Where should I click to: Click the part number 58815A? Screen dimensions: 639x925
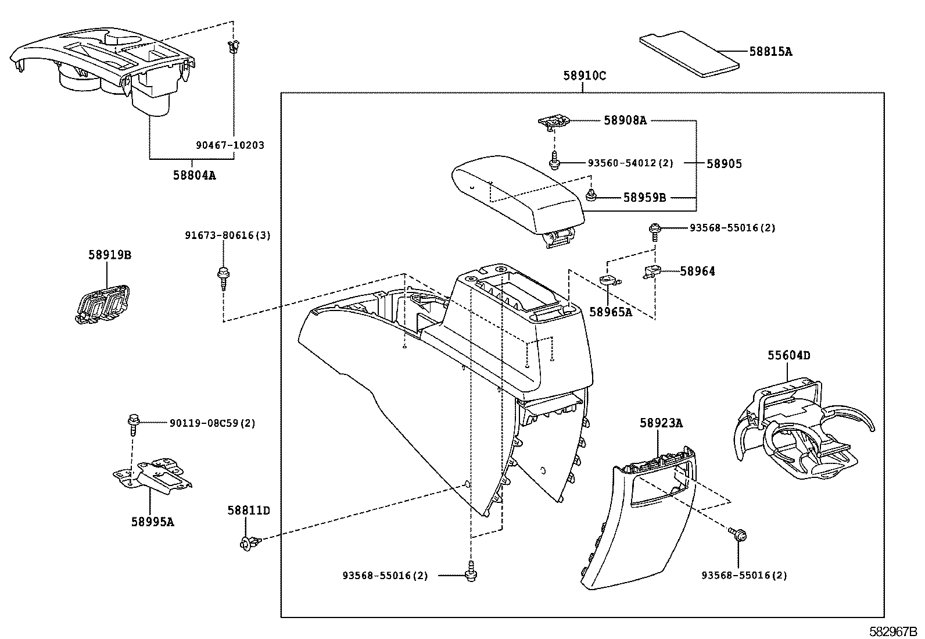pyautogui.click(x=770, y=51)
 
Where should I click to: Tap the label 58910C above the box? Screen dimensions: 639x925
pyautogui.click(x=584, y=75)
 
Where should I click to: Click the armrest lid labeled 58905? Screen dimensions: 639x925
pyautogui.click(x=517, y=192)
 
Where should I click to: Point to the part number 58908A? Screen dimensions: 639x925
pyautogui.click(x=625, y=120)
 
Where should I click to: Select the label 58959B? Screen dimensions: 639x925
pyautogui.click(x=644, y=197)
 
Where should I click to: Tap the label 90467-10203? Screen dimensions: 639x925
pyautogui.click(x=230, y=145)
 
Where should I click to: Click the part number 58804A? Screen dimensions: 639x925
pyautogui.click(x=194, y=174)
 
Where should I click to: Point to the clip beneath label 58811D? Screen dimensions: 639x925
pyautogui.click(x=247, y=544)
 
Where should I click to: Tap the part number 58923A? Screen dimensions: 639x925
pyautogui.click(x=661, y=423)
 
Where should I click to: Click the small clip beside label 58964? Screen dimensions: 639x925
pyautogui.click(x=652, y=272)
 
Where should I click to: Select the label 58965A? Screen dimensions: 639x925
pyautogui.click(x=610, y=312)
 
